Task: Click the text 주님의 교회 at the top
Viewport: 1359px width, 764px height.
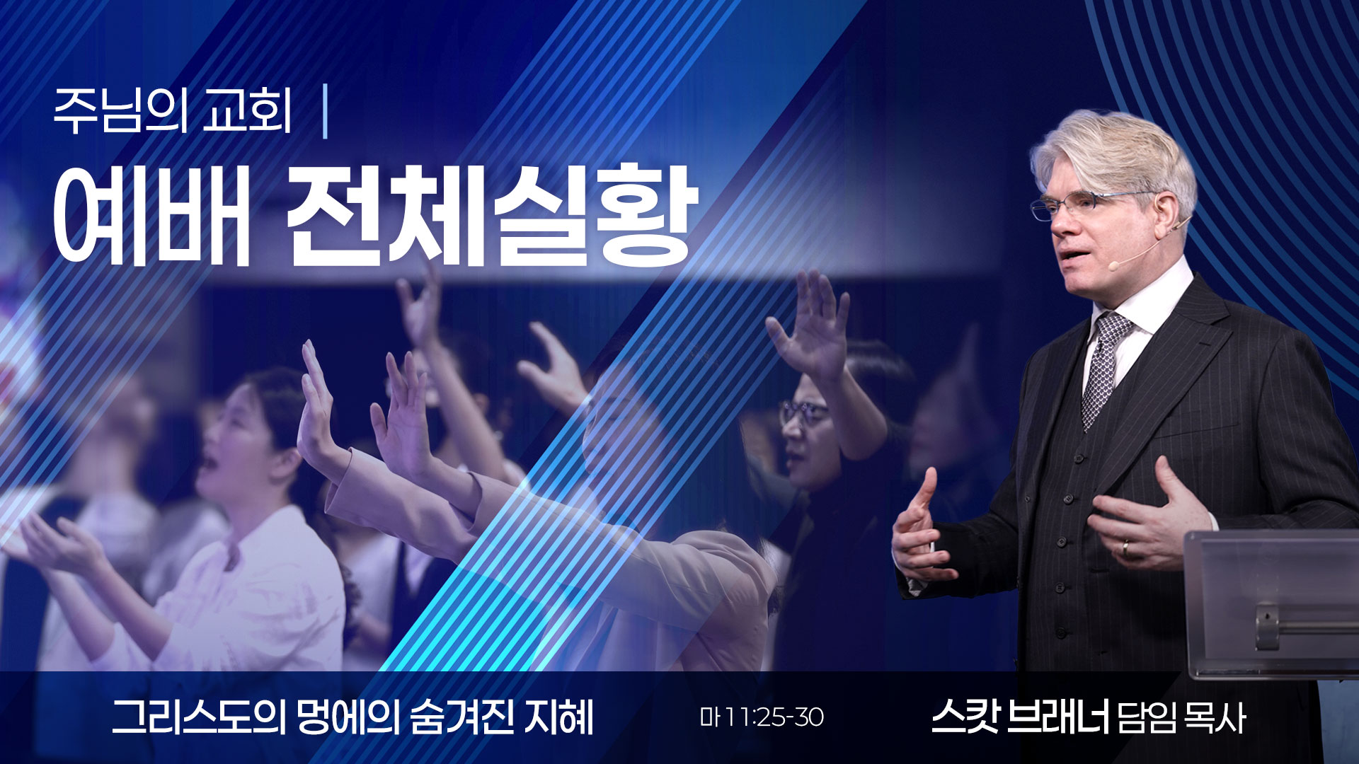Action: point(173,112)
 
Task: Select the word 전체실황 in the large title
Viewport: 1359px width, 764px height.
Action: point(490,216)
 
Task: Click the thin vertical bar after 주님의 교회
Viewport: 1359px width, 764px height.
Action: point(325,112)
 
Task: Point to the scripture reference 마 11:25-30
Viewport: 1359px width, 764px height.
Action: point(762,717)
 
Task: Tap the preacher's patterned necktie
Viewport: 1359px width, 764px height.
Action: point(1104,368)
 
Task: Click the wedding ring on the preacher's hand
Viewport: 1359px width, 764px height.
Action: point(1125,548)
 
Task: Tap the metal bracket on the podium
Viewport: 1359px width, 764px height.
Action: point(1267,625)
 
